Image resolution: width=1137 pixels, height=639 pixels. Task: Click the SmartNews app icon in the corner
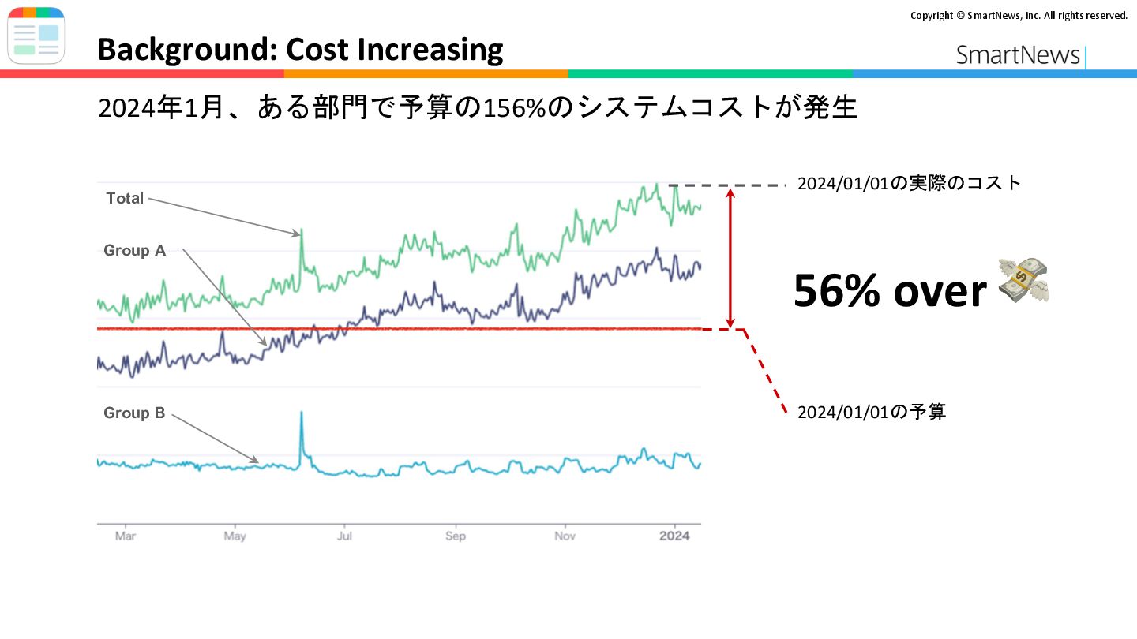coord(36,35)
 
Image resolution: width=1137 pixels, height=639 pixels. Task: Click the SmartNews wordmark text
coord(1017,54)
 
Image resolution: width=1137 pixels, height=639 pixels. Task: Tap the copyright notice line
coord(1019,16)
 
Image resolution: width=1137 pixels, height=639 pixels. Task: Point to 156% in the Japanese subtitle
coord(513,108)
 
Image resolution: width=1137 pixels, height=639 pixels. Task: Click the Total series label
coord(125,198)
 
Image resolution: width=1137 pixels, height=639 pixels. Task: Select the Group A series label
coord(134,250)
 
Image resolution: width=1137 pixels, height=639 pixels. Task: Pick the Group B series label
coord(134,413)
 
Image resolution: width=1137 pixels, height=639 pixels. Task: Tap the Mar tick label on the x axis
coord(126,536)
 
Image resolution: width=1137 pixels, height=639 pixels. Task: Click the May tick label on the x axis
coord(235,536)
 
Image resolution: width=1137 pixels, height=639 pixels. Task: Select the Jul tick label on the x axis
coord(344,536)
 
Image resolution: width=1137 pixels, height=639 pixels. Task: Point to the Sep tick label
coord(456,536)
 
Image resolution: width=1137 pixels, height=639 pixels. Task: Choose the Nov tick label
coord(565,536)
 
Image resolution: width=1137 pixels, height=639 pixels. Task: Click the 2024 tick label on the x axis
coord(674,536)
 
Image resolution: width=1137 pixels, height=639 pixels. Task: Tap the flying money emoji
coord(1023,280)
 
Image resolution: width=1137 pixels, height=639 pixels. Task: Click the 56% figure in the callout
coord(836,290)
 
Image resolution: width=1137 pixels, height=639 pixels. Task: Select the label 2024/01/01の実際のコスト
coord(909,183)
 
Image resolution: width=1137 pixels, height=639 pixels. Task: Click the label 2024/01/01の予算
coord(872,412)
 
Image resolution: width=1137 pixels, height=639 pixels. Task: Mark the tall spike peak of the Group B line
coord(302,412)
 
